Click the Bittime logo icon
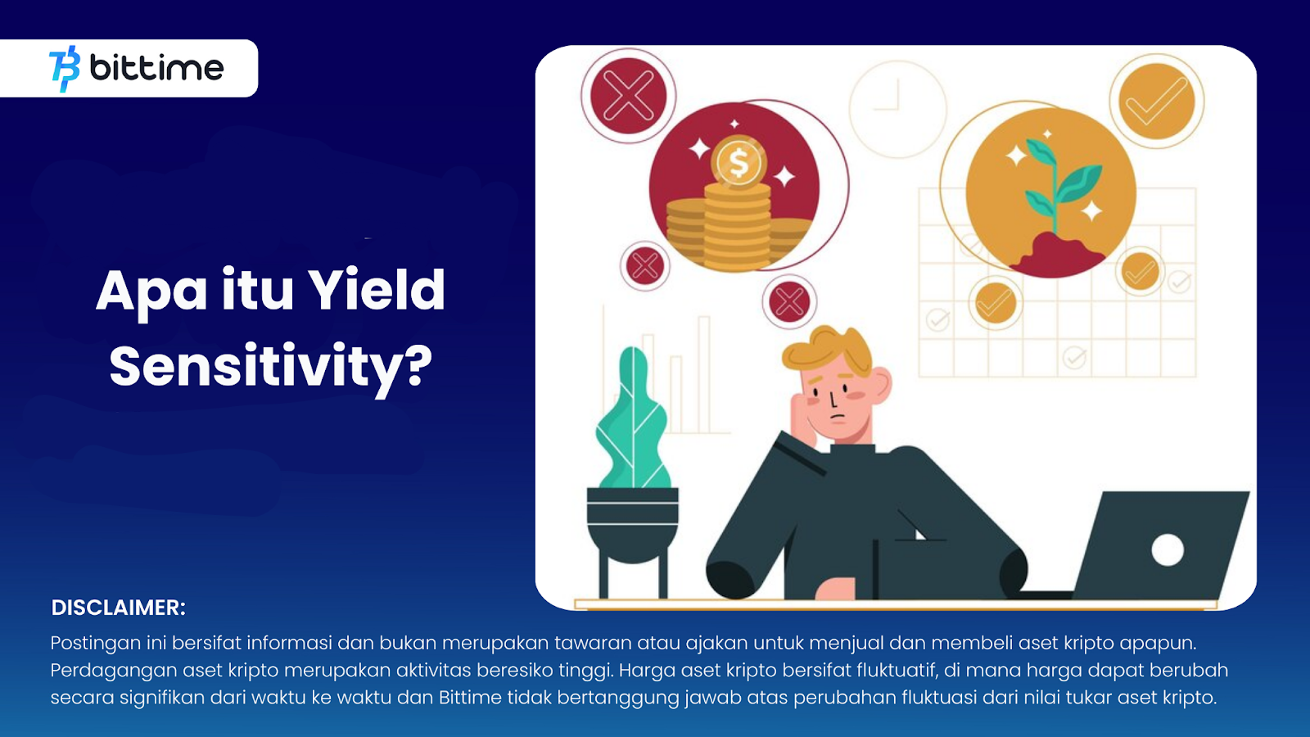pyautogui.click(x=65, y=69)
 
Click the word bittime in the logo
pyautogui.click(x=156, y=68)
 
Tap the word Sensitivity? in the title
pyautogui.click(x=270, y=367)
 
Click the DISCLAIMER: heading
pyautogui.click(x=118, y=607)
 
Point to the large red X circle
pyautogui.click(x=628, y=95)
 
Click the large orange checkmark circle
pyautogui.click(x=1156, y=101)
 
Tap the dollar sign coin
pyautogui.click(x=739, y=163)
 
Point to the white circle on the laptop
pyautogui.click(x=1168, y=549)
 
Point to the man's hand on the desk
pyautogui.click(x=836, y=589)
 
